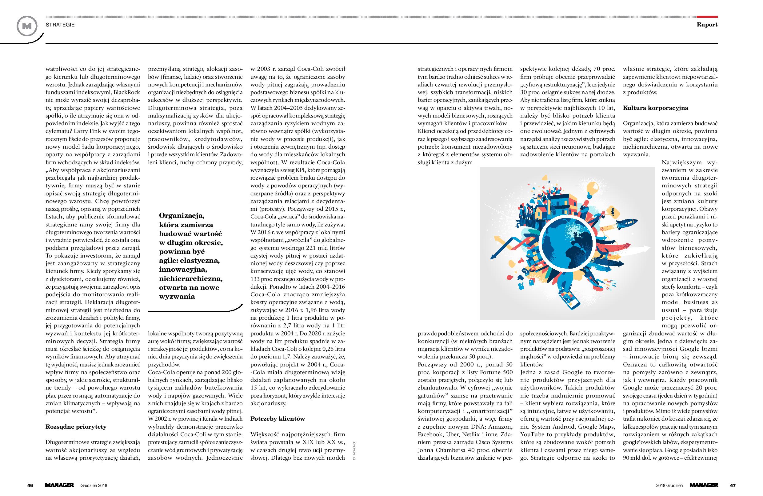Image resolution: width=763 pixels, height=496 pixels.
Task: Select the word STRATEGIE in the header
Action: (60, 25)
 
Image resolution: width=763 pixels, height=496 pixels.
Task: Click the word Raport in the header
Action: (707, 25)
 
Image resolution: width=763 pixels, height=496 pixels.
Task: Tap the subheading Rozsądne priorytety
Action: (76, 427)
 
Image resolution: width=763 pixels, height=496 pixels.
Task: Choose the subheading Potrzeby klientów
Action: (277, 419)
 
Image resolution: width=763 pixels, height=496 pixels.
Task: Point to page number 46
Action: (30, 485)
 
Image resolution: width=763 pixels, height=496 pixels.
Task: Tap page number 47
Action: (733, 485)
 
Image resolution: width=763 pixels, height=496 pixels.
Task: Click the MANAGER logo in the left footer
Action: (60, 485)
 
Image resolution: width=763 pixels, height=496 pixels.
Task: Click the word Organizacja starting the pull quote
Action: (182, 215)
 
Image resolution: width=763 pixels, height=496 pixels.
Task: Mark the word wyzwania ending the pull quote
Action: (177, 296)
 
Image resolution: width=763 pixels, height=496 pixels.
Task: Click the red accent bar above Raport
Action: (707, 16)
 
